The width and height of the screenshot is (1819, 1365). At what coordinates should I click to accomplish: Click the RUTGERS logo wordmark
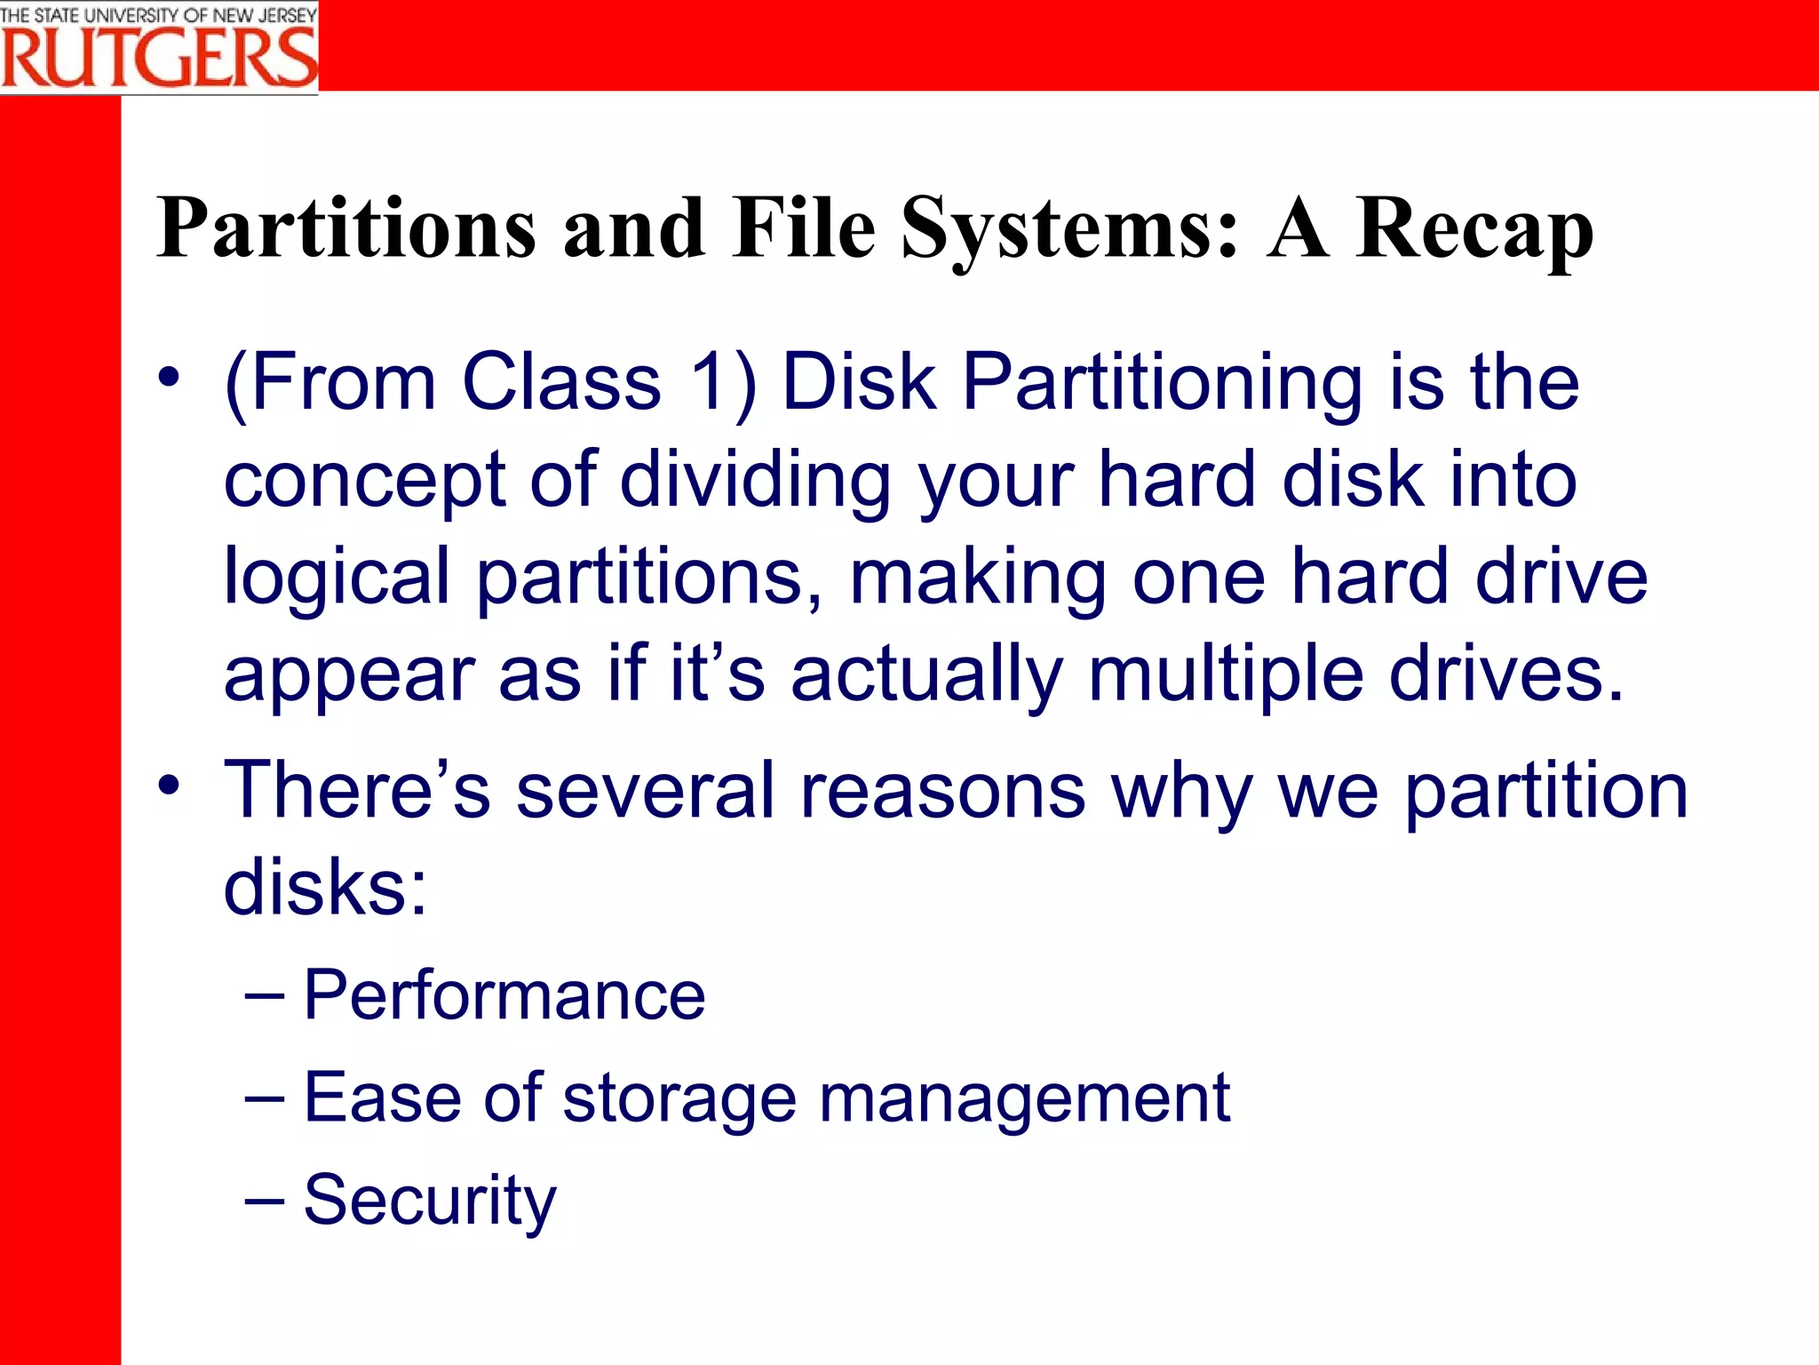(159, 58)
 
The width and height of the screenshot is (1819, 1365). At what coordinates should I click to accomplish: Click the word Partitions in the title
(346, 228)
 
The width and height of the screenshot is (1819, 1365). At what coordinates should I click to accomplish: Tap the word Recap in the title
(1473, 228)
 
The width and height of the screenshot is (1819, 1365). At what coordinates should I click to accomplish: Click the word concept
(364, 480)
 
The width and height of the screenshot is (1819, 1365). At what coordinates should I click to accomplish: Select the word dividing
(754, 480)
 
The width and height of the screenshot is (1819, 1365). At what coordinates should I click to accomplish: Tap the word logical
(337, 578)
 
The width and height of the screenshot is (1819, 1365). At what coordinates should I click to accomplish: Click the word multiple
(1226, 674)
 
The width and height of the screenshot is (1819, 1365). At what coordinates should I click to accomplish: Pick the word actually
(926, 674)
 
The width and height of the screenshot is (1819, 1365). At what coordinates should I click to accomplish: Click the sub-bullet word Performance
(504, 995)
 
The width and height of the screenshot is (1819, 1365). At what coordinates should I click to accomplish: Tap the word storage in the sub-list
(679, 1098)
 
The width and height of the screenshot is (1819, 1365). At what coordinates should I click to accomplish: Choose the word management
(1024, 1098)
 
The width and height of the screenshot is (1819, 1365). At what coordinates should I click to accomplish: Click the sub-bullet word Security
(430, 1200)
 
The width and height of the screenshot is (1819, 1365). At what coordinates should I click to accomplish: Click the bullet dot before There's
(169, 786)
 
